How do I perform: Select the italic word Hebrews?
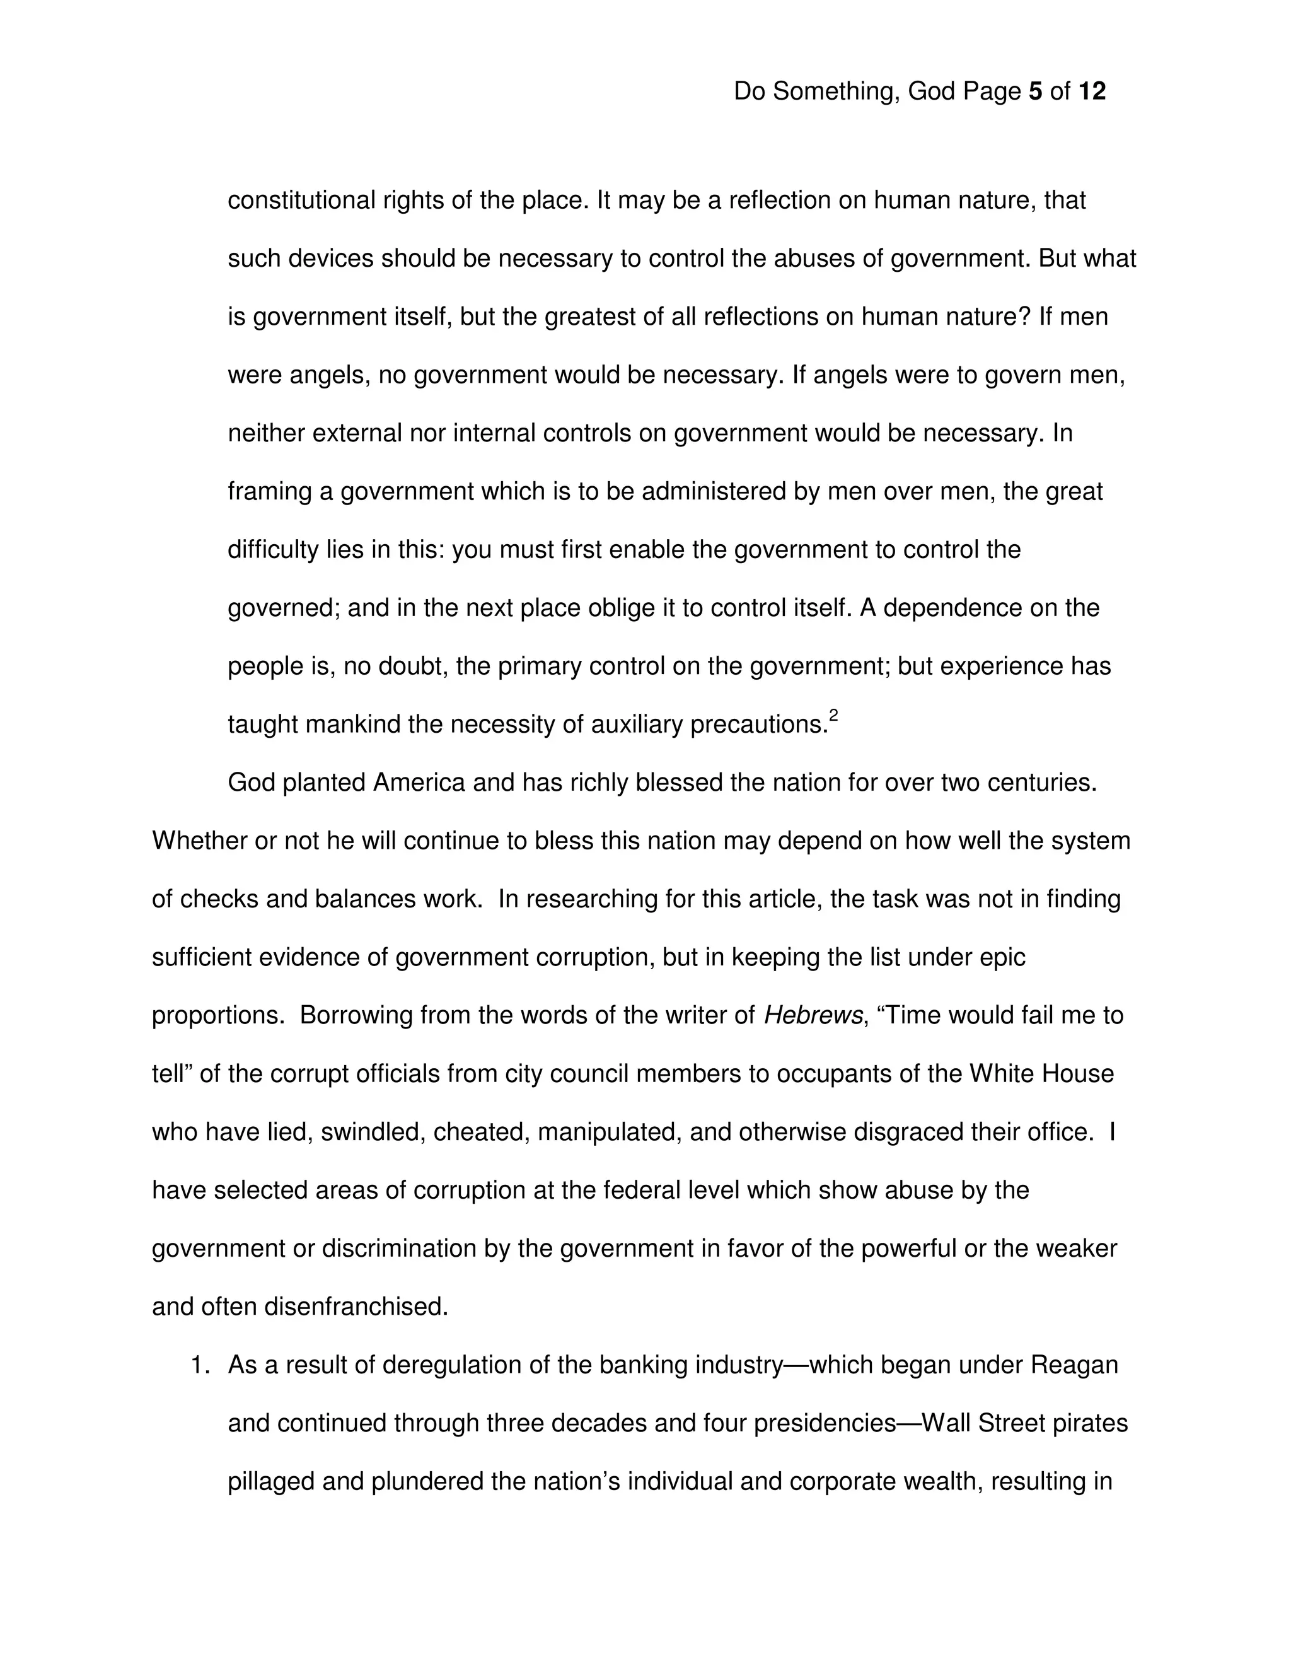coord(813,1015)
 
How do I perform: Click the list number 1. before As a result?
coord(200,1365)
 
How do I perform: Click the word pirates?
coord(1091,1423)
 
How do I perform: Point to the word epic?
coord(1002,957)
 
